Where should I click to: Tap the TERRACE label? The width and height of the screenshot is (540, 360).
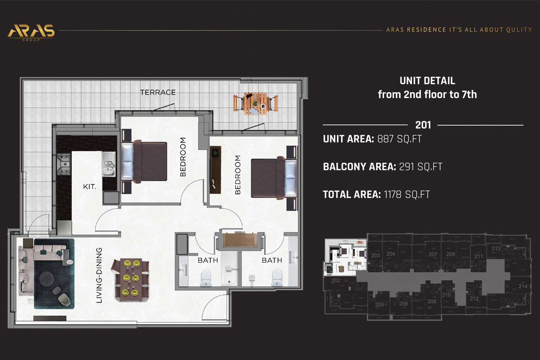[x=157, y=92]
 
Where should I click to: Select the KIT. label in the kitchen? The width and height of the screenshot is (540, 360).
[x=89, y=185]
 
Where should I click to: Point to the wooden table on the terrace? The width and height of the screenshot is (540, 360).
[x=256, y=103]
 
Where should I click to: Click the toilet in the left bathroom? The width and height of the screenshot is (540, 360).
[x=206, y=277]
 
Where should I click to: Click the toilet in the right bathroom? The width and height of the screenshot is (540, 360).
[x=277, y=277]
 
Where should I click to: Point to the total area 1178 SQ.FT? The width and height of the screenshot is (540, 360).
[x=407, y=194]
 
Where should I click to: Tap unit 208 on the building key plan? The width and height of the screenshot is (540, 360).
[x=432, y=301]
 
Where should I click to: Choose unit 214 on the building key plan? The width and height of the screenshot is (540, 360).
[x=522, y=286]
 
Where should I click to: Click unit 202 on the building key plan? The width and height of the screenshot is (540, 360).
[x=335, y=280]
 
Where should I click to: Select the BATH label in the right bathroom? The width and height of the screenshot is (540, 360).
[x=272, y=261]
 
